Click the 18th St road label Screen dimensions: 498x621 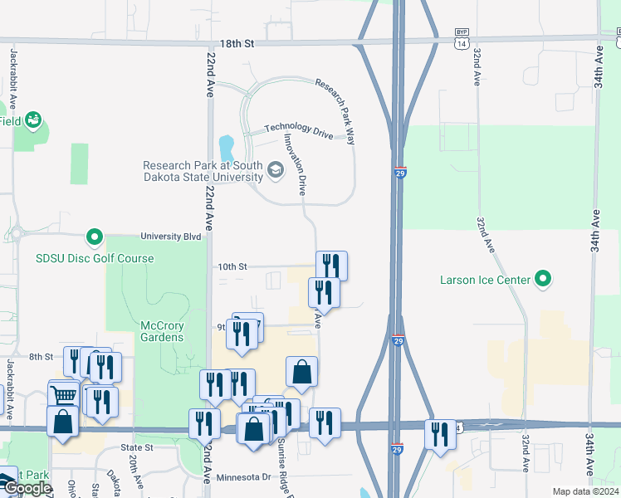[237, 43]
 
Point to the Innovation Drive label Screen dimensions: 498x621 [296, 164]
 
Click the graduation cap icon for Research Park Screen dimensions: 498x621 [276, 172]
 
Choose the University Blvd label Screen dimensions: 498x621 [171, 237]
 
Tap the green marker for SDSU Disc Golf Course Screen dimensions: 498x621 [95, 239]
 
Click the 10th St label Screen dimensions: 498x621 [232, 266]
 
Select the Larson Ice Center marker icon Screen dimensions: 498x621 [544, 278]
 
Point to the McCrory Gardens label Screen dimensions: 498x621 [150, 331]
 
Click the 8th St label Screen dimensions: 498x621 [41, 356]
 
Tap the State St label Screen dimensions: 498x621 [138, 447]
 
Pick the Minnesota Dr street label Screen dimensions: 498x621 [244, 477]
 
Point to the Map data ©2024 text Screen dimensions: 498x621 [585, 491]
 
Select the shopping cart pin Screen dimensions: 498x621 [64, 395]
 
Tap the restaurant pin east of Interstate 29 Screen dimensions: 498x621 [440, 434]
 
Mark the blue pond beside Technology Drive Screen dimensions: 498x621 [225, 148]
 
